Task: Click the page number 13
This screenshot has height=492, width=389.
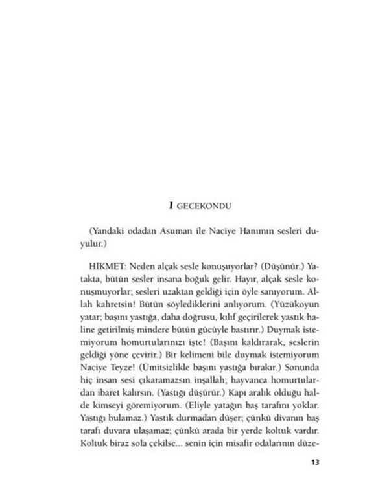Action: [316, 462]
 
